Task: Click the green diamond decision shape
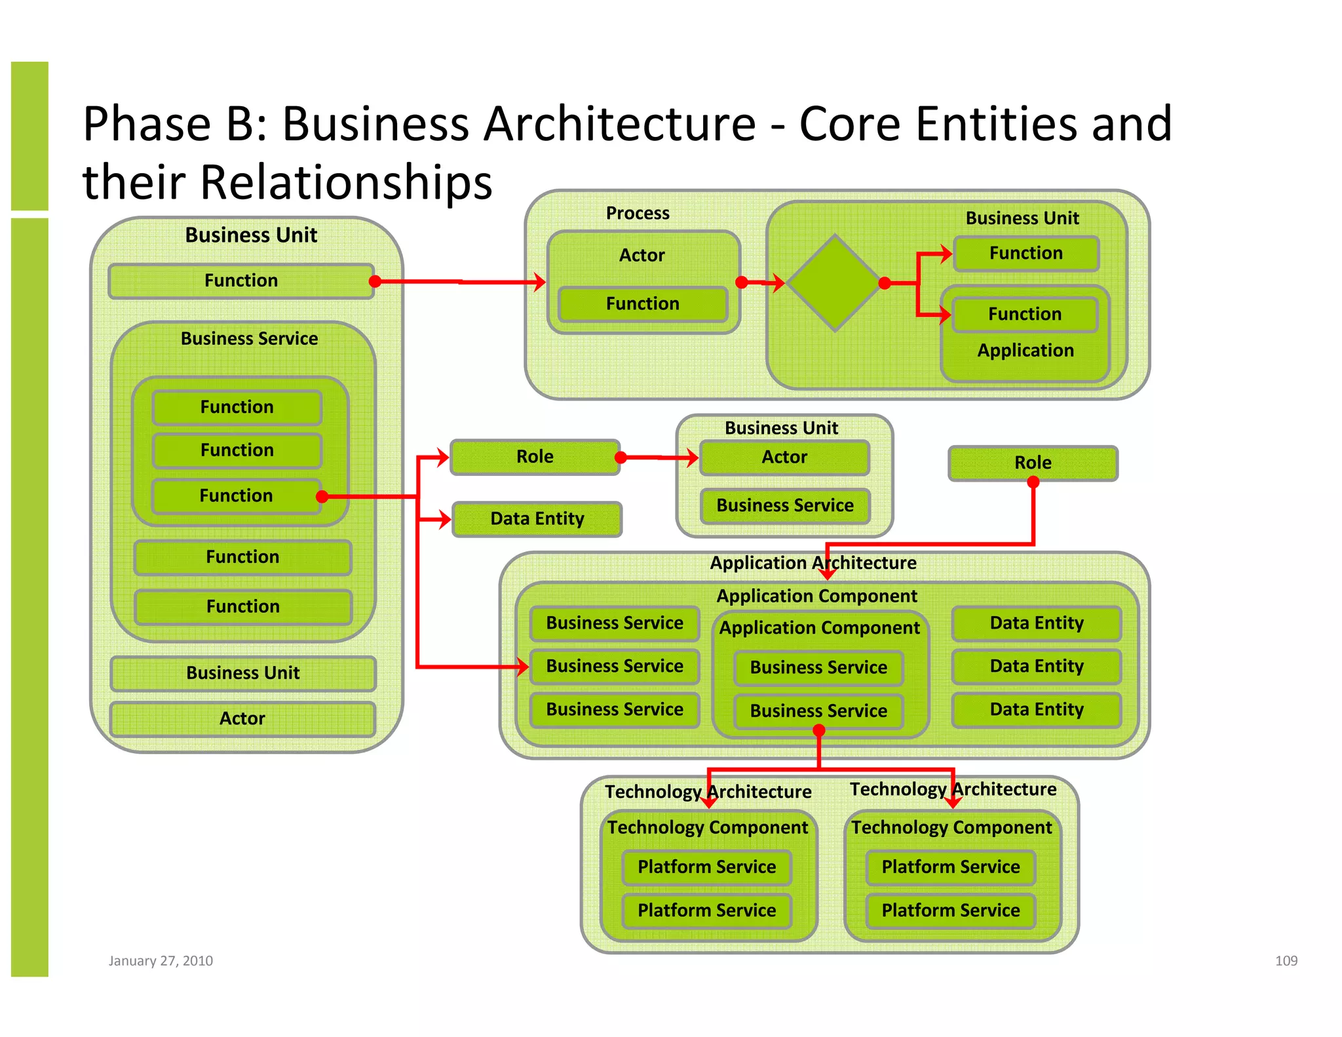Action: [x=834, y=283]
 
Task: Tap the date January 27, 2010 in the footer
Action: [x=161, y=960]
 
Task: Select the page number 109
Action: [x=1286, y=960]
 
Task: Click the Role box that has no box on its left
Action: [x=1033, y=463]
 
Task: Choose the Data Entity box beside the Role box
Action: [x=537, y=518]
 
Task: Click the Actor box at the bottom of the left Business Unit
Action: [x=242, y=718]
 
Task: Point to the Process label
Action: [x=637, y=213]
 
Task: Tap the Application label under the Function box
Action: [x=1025, y=351]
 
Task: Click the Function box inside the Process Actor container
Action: [x=642, y=303]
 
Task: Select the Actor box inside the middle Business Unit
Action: [x=784, y=457]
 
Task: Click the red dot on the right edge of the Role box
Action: [x=621, y=457]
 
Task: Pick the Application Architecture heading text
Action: [x=813, y=563]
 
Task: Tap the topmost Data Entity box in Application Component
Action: [x=1036, y=623]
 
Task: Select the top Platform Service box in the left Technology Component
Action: [x=706, y=867]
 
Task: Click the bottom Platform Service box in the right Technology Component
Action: [x=950, y=910]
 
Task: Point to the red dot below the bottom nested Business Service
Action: [x=818, y=731]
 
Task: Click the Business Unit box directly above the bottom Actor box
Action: [x=242, y=673]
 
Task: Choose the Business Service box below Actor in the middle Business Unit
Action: [x=784, y=505]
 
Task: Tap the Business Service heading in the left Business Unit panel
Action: [x=249, y=338]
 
